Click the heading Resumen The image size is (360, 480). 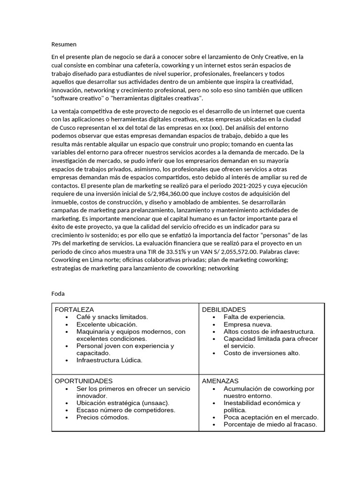click(x=64, y=45)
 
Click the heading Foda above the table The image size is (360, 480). click(x=58, y=293)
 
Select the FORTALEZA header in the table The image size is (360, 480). click(x=74, y=310)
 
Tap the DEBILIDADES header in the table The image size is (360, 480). click(x=224, y=310)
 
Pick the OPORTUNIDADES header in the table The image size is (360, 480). click(x=83, y=381)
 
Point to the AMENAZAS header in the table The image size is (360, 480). click(x=220, y=381)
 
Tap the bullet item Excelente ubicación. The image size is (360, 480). click(x=107, y=324)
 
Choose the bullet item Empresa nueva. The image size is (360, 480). click(x=247, y=324)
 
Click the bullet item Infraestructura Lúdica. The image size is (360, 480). click(x=109, y=360)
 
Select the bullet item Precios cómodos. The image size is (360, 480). click(x=103, y=417)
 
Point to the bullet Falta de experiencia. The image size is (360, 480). click(x=254, y=317)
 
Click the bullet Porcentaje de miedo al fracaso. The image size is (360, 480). click(x=270, y=424)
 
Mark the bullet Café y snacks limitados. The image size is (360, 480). click(x=112, y=317)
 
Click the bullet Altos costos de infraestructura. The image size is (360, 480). click(x=269, y=331)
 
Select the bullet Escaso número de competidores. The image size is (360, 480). click(x=126, y=410)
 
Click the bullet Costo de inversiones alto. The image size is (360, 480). click(x=262, y=353)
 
